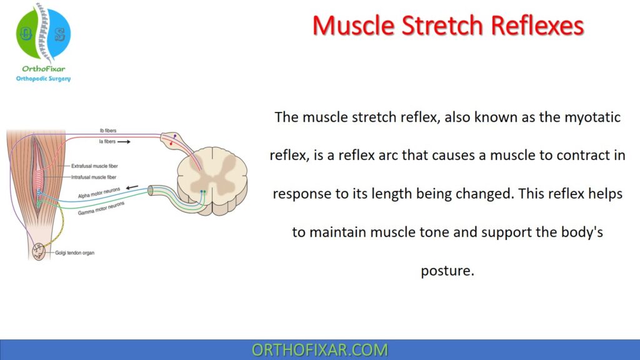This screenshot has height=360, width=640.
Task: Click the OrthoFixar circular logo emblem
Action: coord(42,35)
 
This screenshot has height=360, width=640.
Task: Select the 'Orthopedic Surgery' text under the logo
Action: coord(43,79)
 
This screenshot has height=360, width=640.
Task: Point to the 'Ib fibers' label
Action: coord(107,131)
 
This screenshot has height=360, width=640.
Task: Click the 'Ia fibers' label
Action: coord(106,142)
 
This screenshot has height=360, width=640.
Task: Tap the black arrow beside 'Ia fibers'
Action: coord(124,142)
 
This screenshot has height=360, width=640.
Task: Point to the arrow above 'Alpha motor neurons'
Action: coord(132,187)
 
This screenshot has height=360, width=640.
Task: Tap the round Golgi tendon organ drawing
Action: coord(39,251)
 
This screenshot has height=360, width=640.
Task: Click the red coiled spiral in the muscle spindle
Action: coord(38,176)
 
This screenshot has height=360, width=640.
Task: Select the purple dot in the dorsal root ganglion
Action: coord(174,136)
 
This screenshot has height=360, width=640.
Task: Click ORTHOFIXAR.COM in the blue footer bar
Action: coord(319,350)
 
